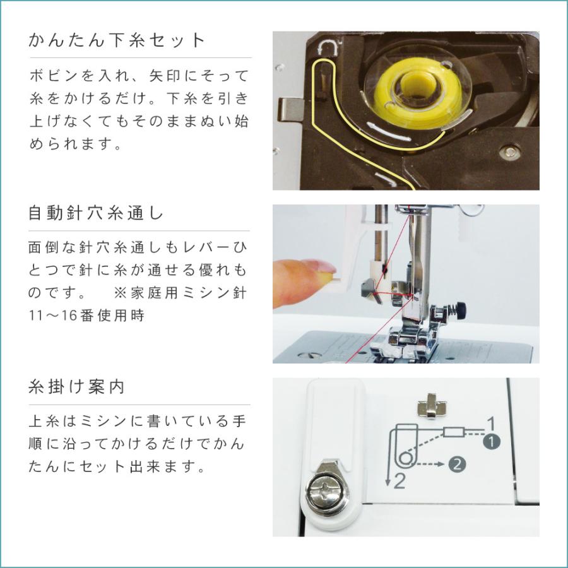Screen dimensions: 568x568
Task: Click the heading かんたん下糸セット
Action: point(117,41)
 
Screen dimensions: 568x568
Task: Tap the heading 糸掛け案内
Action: point(76,387)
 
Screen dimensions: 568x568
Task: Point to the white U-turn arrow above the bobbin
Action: point(328,49)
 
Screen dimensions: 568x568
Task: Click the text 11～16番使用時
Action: point(87,316)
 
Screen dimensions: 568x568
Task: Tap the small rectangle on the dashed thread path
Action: point(453,432)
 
